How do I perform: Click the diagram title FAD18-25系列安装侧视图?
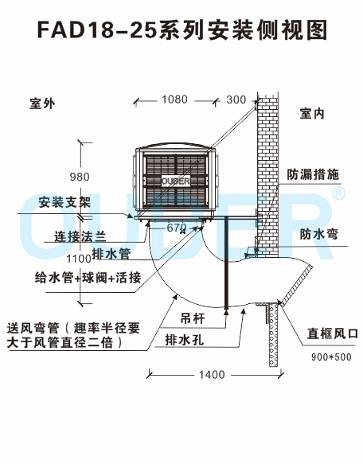[182, 30]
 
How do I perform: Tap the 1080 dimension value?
[174, 99]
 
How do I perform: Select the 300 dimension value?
[236, 99]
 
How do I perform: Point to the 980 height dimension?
[80, 177]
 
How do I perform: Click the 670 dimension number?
[177, 228]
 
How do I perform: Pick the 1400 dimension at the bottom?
[212, 375]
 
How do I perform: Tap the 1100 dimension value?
[79, 259]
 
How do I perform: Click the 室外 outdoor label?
[42, 103]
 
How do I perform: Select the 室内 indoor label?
[312, 114]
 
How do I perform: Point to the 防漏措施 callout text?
[313, 174]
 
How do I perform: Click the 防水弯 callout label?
[319, 234]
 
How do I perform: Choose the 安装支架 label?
[64, 202]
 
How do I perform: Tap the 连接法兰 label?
[80, 236]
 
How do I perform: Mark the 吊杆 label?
[193, 318]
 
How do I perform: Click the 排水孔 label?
[185, 340]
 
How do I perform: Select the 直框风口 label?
[332, 333]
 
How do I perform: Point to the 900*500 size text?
[331, 357]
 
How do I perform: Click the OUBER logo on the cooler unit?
[176, 181]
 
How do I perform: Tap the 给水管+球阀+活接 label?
[88, 278]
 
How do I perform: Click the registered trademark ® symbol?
[338, 193]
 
